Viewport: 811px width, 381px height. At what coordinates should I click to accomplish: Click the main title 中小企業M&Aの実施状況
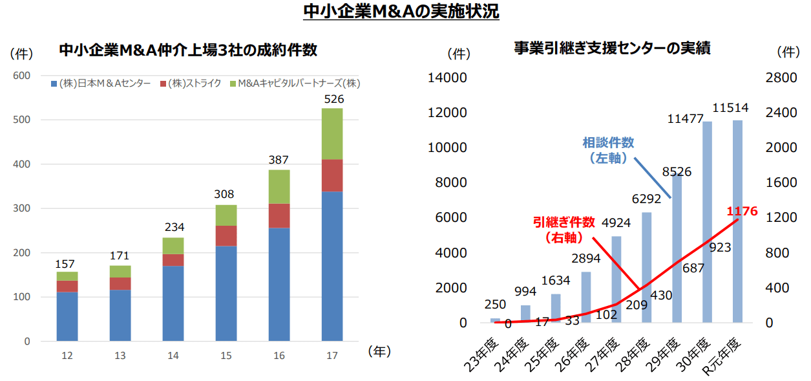click(401, 12)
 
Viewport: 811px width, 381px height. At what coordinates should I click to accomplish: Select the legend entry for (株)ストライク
click(194, 83)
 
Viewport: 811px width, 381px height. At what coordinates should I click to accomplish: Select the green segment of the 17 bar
click(332, 134)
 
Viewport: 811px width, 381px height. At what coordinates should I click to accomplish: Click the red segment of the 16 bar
click(279, 215)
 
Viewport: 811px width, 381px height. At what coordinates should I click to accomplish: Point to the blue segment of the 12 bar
click(67, 316)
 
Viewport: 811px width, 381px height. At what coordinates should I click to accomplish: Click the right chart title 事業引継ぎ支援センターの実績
click(612, 49)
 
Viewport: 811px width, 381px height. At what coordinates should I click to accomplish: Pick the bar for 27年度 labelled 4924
click(616, 279)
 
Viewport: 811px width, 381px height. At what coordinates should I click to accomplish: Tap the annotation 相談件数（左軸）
click(608, 149)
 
